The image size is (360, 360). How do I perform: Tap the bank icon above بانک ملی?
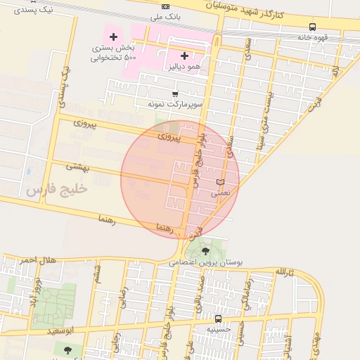point(166,6)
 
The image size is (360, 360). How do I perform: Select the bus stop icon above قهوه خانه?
point(312,27)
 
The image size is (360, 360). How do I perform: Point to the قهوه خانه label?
point(309,37)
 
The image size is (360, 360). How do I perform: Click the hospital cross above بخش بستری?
point(113,36)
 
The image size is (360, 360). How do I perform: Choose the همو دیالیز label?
point(184,65)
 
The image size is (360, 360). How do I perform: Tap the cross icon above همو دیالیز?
point(184,56)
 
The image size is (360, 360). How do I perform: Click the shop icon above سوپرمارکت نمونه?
point(175,94)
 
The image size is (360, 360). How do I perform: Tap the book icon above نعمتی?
point(221,182)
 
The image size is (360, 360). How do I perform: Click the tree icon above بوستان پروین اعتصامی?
point(206,251)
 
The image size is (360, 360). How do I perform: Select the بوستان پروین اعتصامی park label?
point(206,262)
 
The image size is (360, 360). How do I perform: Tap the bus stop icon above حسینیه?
point(218,319)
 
